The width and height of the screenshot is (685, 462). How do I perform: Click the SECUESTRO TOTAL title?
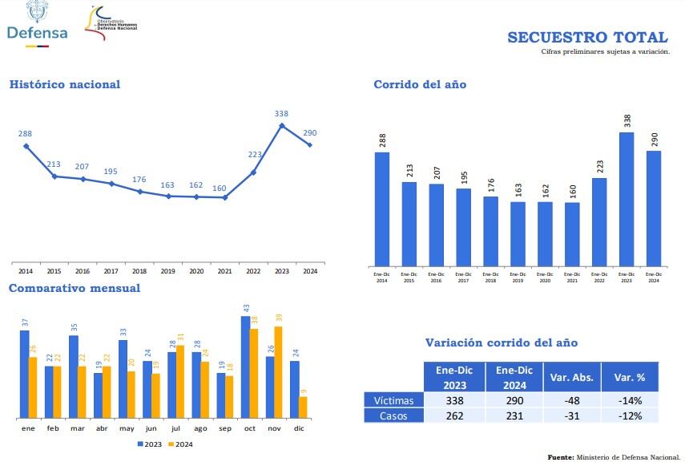(587, 38)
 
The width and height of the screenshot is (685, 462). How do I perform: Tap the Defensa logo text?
(37, 33)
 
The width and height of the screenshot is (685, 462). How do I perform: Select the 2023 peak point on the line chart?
(282, 125)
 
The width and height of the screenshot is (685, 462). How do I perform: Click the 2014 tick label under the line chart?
(26, 272)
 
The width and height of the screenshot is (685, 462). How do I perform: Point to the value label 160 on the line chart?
(220, 188)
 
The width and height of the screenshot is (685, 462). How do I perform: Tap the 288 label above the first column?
(382, 141)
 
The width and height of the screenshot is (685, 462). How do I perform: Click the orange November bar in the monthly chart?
(278, 371)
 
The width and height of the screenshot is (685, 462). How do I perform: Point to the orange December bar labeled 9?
(303, 407)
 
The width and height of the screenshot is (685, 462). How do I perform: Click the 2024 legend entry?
(183, 444)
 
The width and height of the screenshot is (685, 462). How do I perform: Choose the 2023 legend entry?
(151, 444)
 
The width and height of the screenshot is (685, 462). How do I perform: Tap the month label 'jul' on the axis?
(176, 429)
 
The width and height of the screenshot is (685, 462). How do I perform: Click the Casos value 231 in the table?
(514, 415)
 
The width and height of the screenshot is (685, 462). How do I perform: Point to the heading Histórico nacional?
(65, 84)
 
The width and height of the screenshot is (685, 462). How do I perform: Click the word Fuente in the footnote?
(560, 456)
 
